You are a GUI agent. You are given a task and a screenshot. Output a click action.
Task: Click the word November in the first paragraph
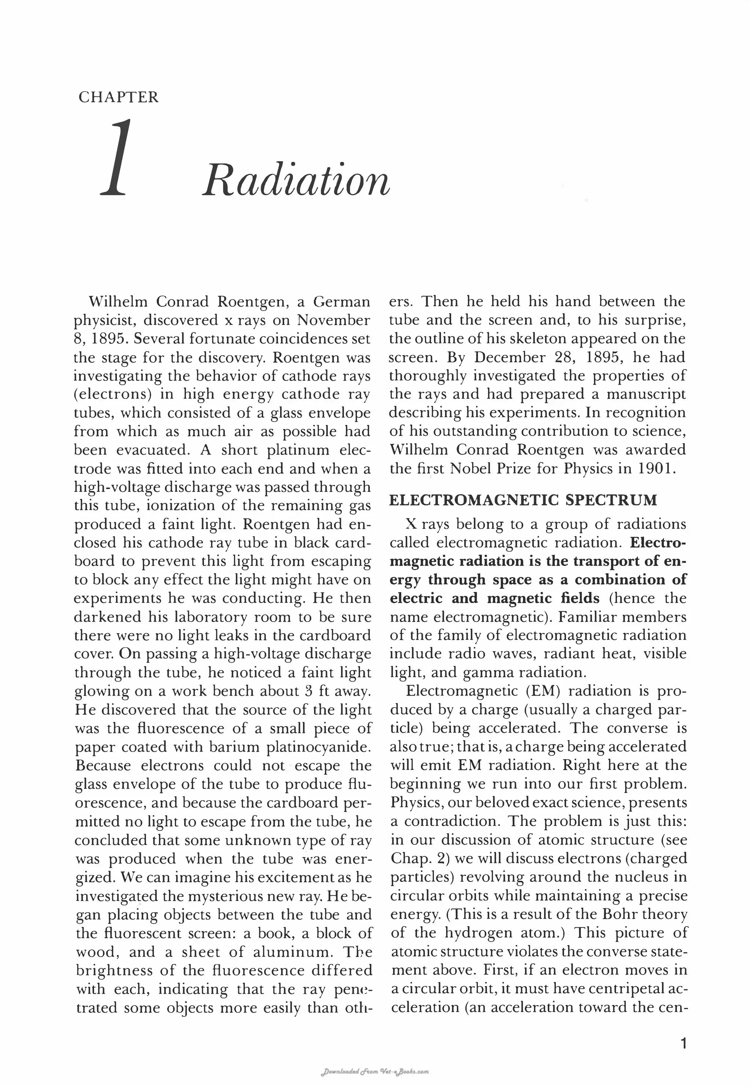333,320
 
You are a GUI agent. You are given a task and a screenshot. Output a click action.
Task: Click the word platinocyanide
319,747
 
